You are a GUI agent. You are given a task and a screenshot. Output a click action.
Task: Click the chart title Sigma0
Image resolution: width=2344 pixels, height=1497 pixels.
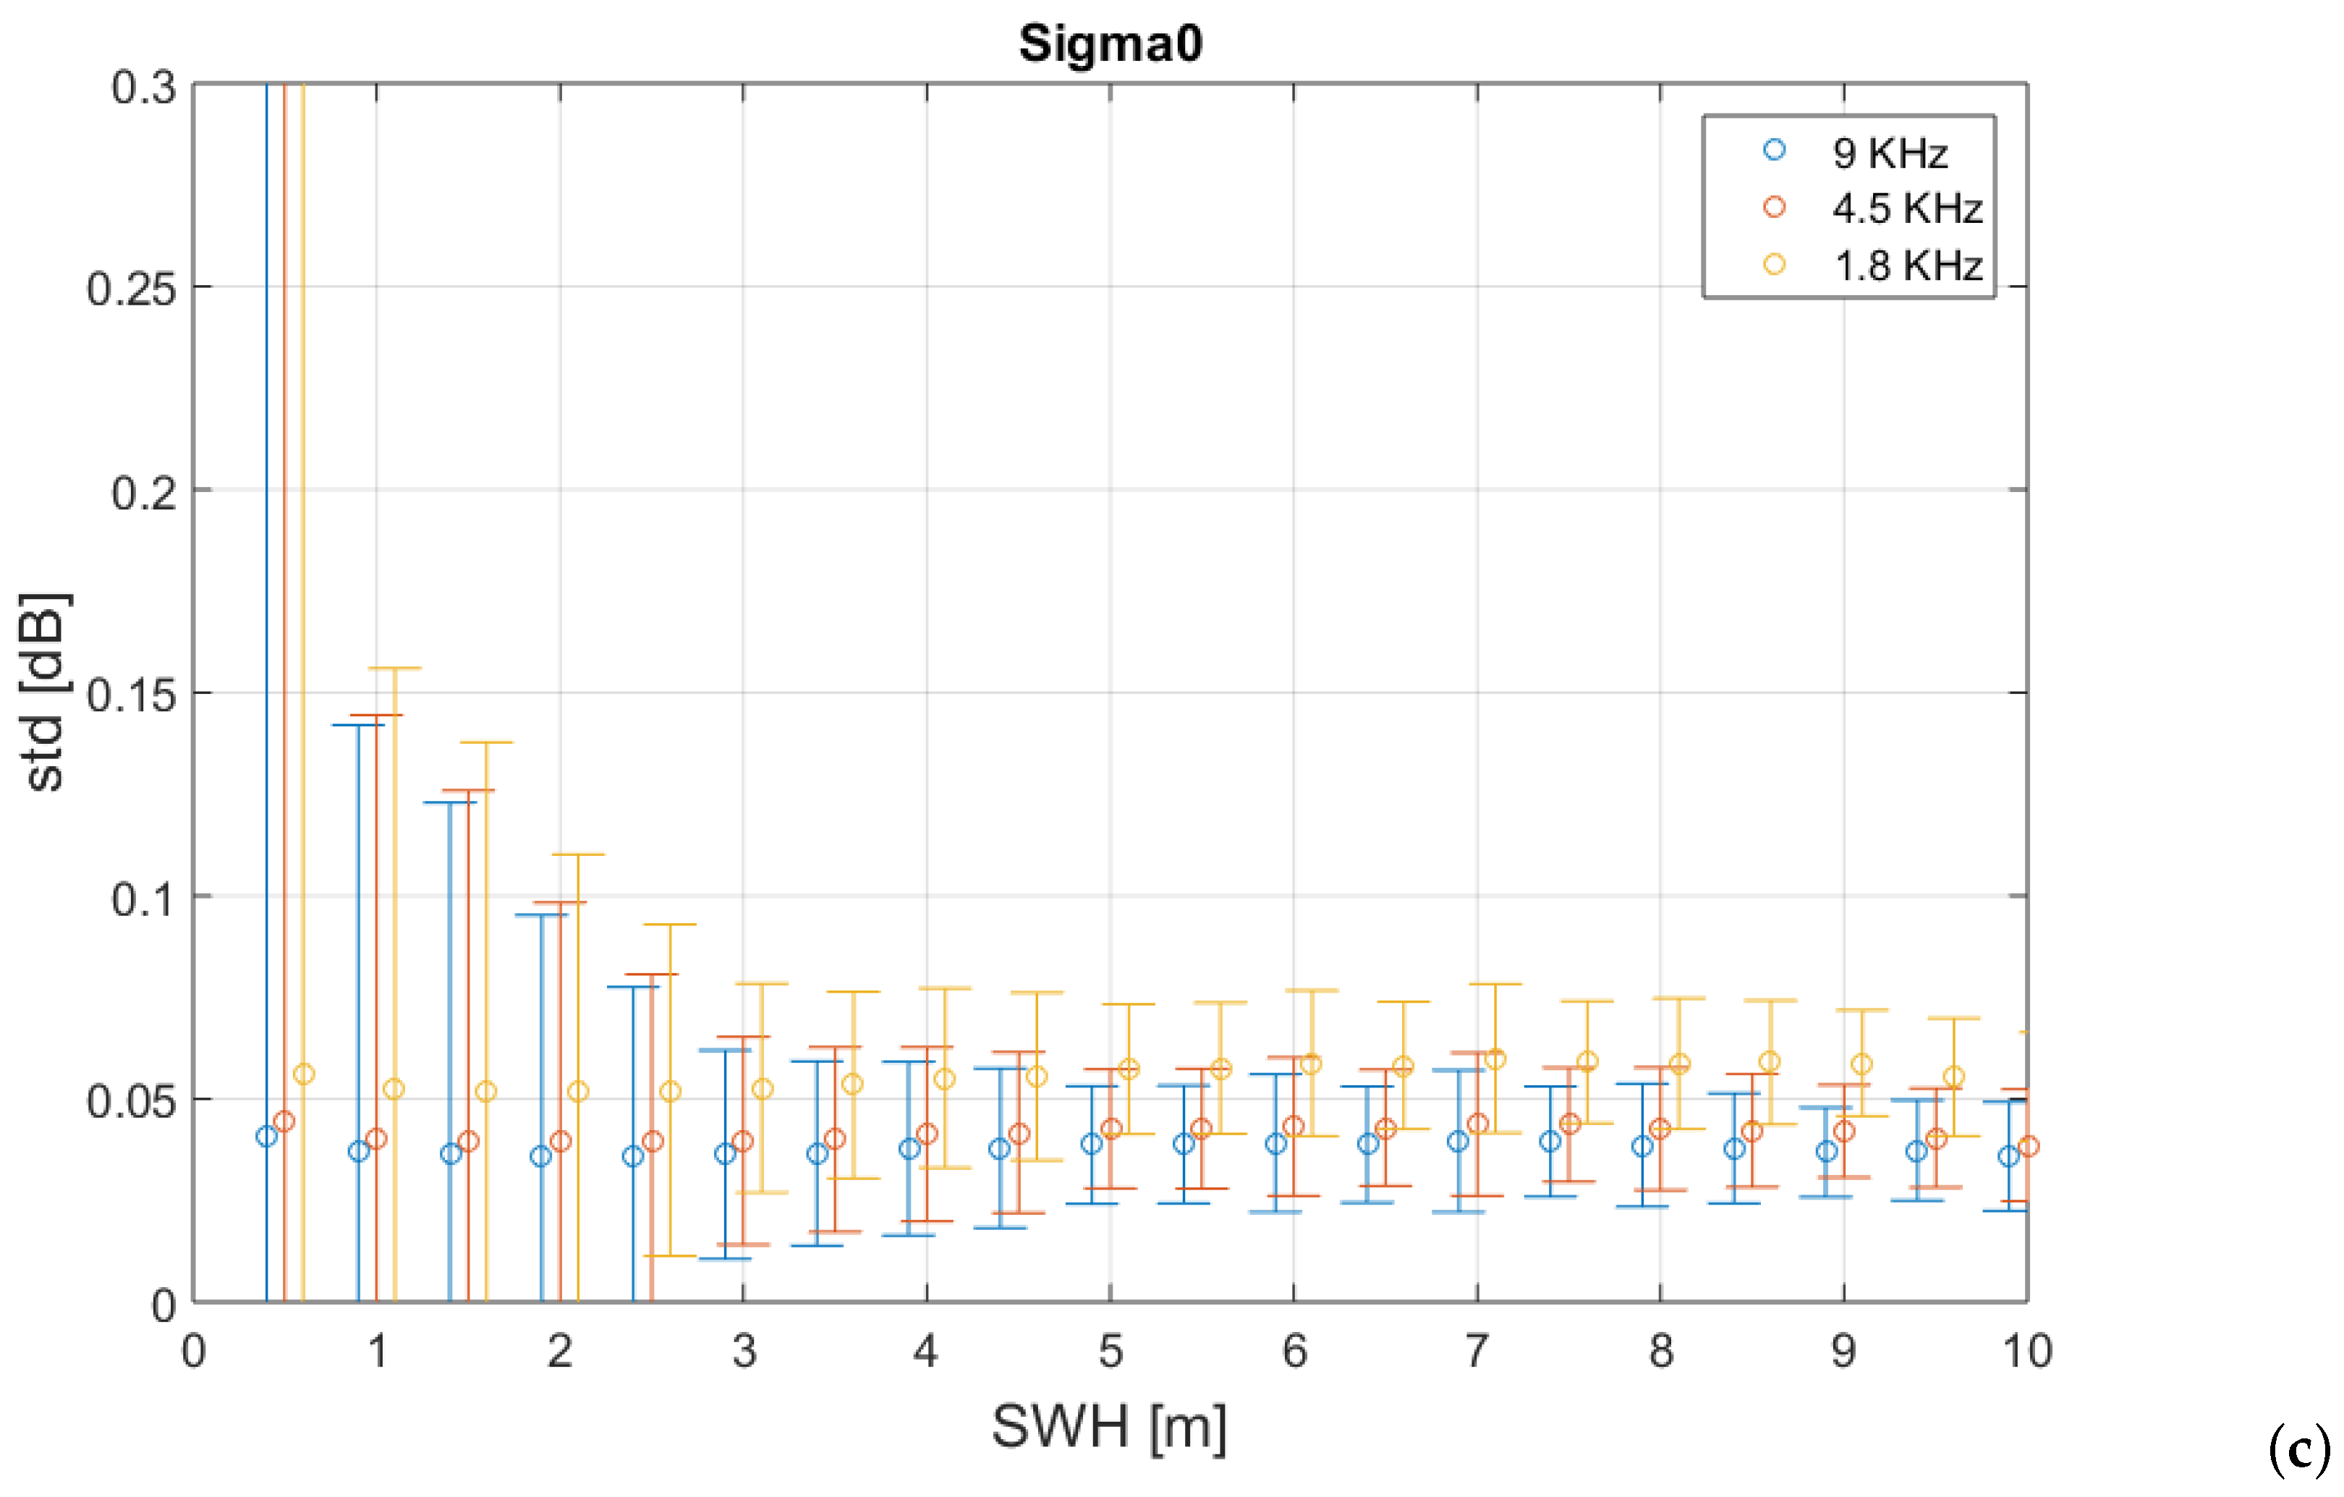[x=1110, y=44]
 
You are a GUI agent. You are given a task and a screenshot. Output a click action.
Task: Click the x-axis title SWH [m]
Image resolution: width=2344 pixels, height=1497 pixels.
[x=1109, y=1427]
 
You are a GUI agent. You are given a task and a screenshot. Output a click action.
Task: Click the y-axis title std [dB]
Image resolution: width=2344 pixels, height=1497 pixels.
[x=45, y=693]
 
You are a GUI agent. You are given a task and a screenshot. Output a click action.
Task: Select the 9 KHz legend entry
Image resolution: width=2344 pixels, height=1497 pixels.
[x=1888, y=153]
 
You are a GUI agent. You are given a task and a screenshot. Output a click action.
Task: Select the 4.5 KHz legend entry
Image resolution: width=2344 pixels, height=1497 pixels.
[x=1906, y=208]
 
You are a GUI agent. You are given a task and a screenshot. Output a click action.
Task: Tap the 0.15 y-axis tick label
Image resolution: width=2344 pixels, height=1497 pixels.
[x=132, y=695]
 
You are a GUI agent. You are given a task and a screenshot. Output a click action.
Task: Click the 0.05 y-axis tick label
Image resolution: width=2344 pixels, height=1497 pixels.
[x=132, y=1101]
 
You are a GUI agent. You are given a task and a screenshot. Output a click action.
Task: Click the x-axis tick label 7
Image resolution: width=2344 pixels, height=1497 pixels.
[x=1477, y=1351]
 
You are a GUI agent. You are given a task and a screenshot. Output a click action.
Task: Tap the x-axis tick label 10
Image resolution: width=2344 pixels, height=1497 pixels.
[x=2026, y=1351]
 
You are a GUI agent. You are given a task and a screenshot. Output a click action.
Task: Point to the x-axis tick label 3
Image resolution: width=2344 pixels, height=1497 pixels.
[x=744, y=1351]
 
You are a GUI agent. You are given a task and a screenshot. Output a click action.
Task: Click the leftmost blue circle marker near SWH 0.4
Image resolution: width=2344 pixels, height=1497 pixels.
[x=267, y=1136]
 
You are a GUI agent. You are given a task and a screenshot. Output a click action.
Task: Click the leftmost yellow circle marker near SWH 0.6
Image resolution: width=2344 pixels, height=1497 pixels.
[x=304, y=1074]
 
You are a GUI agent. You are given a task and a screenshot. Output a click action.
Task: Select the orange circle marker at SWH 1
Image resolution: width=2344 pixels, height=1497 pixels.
[x=377, y=1138]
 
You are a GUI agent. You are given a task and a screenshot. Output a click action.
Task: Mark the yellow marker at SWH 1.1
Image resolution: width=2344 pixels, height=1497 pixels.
[x=394, y=1089]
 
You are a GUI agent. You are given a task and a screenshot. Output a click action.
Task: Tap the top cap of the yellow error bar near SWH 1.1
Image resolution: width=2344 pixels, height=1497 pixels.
[x=394, y=668]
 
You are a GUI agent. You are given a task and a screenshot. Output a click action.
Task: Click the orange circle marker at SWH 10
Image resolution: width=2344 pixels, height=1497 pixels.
[x=2028, y=1145]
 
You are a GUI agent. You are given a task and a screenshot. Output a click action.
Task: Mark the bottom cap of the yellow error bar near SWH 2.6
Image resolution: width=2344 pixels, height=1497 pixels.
[x=670, y=1255]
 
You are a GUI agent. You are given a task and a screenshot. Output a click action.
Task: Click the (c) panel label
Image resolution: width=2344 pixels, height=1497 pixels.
[x=2299, y=1450]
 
